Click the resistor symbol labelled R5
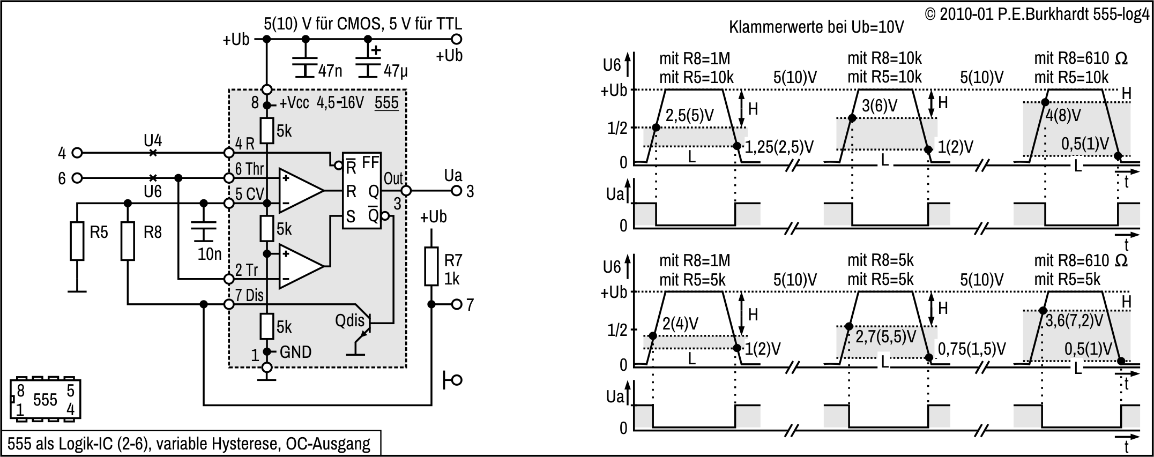coord(77,242)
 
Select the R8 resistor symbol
coord(128,242)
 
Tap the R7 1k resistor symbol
coord(431,266)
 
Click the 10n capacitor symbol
coord(203,230)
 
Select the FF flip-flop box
coord(362,190)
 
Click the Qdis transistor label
coord(349,321)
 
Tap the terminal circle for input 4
coord(77,153)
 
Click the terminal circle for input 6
coord(77,178)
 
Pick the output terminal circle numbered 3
coord(456,191)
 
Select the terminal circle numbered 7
coord(456,304)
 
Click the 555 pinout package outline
coord(45,399)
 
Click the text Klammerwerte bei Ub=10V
coord(816,27)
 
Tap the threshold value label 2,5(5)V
coord(690,116)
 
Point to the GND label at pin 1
coord(295,352)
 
